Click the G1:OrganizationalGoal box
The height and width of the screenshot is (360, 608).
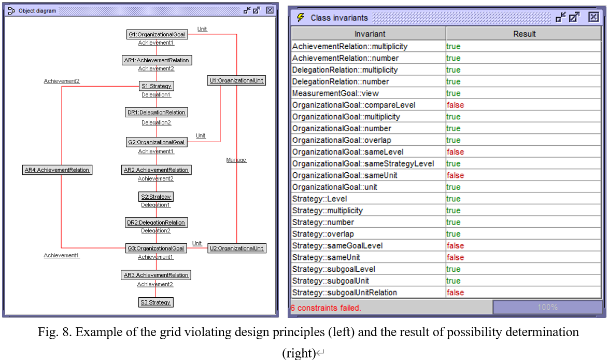pos(157,35)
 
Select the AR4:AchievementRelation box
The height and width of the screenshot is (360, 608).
pos(57,170)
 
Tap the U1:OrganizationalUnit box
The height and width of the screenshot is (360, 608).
pos(236,81)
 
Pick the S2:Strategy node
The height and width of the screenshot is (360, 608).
pos(156,197)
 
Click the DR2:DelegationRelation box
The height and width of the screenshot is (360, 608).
pos(156,223)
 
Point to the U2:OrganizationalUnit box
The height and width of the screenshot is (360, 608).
pos(236,248)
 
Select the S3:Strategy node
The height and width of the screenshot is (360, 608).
pos(155,302)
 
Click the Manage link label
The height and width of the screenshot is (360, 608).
pos(236,160)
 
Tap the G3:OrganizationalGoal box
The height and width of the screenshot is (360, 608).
pos(156,248)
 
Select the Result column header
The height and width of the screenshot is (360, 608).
pos(524,34)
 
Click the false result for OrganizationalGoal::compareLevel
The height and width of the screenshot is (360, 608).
pos(455,105)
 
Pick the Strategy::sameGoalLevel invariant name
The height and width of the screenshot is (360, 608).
pos(337,246)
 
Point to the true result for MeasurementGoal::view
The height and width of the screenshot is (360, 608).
pos(454,93)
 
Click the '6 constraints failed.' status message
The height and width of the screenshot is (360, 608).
pos(326,308)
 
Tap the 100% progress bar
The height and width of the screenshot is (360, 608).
pos(547,307)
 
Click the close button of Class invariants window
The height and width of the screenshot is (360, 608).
pos(593,17)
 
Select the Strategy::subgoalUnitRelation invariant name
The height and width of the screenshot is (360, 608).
pos(344,293)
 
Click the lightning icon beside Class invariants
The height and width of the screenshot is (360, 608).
pos(301,18)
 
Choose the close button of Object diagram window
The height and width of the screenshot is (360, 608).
pos(270,10)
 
